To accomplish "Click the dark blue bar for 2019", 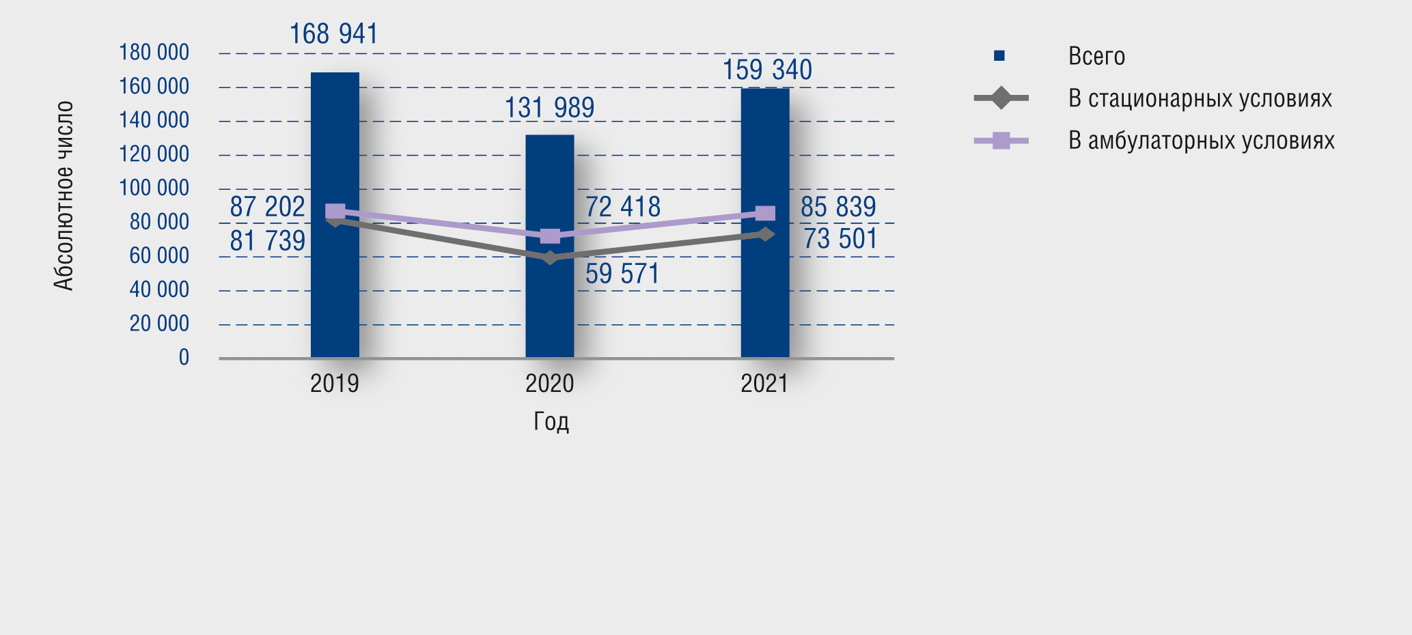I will point(335,287).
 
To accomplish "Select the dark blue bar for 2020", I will point(549,307).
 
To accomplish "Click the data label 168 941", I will point(333,34).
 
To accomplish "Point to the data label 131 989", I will point(549,108).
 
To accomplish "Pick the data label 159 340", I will point(767,70).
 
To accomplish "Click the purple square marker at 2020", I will point(550,236).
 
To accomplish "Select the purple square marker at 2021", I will point(766,214).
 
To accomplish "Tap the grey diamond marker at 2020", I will point(549,257).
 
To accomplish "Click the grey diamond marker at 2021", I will point(766,234).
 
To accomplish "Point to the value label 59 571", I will point(622,274).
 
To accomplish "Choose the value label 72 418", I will point(622,207).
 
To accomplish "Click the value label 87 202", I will point(267,207).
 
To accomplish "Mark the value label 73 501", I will point(840,239).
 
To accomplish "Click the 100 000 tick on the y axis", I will point(154,188).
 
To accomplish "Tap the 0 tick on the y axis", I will point(184,357).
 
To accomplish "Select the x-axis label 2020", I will point(549,384).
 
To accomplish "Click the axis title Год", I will point(551,421).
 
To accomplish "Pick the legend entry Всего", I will point(1096,56).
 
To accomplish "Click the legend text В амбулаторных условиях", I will point(1201,141).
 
